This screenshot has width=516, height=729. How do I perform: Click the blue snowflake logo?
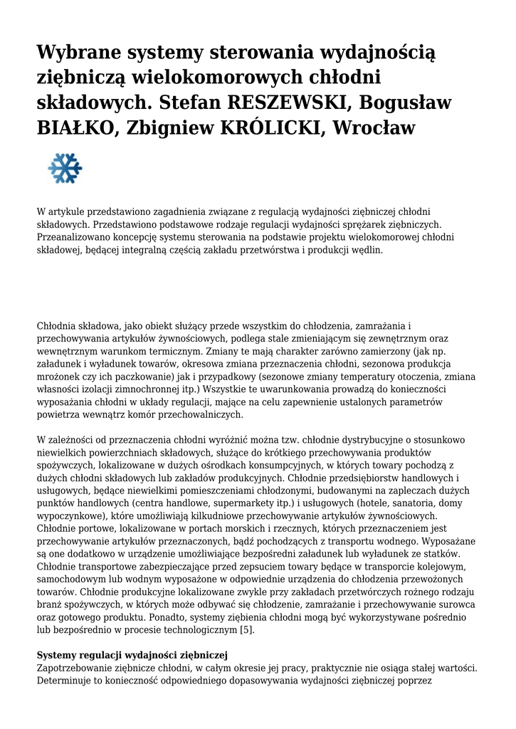click(x=65, y=169)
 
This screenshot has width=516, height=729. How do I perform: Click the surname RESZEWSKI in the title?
click(x=287, y=102)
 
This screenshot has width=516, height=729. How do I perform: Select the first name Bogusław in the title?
click(x=406, y=102)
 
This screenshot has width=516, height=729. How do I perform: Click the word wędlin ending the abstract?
click(x=367, y=250)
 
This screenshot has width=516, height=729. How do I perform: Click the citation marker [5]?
click(x=246, y=630)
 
